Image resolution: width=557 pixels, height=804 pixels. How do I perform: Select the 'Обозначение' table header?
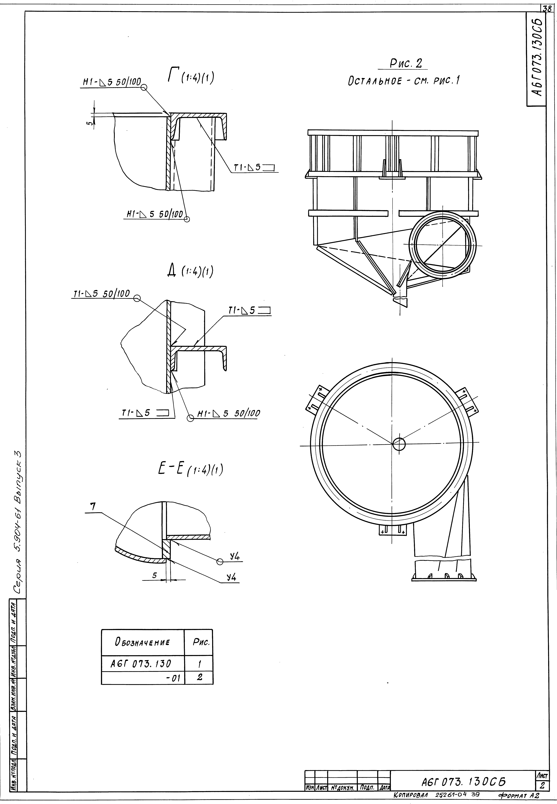pos(142,642)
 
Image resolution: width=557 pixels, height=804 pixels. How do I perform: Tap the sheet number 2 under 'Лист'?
pos(542,785)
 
